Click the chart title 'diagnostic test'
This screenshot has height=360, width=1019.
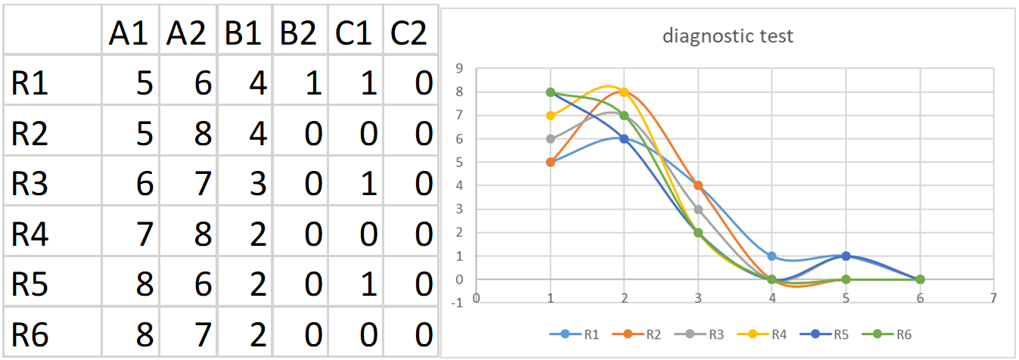point(728,36)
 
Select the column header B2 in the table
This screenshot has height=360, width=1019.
point(299,33)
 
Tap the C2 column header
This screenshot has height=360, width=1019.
point(409,33)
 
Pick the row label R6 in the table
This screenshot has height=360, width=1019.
point(30,334)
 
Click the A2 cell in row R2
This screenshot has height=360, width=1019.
point(188,133)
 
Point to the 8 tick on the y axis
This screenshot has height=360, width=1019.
point(458,92)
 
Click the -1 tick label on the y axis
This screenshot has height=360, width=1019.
point(456,303)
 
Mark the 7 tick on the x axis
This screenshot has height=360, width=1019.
point(993,297)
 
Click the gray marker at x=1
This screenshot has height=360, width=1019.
point(551,139)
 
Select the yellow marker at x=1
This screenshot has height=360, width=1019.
point(551,116)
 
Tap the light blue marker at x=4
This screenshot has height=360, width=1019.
point(772,256)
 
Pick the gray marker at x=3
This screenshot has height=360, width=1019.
point(698,209)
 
